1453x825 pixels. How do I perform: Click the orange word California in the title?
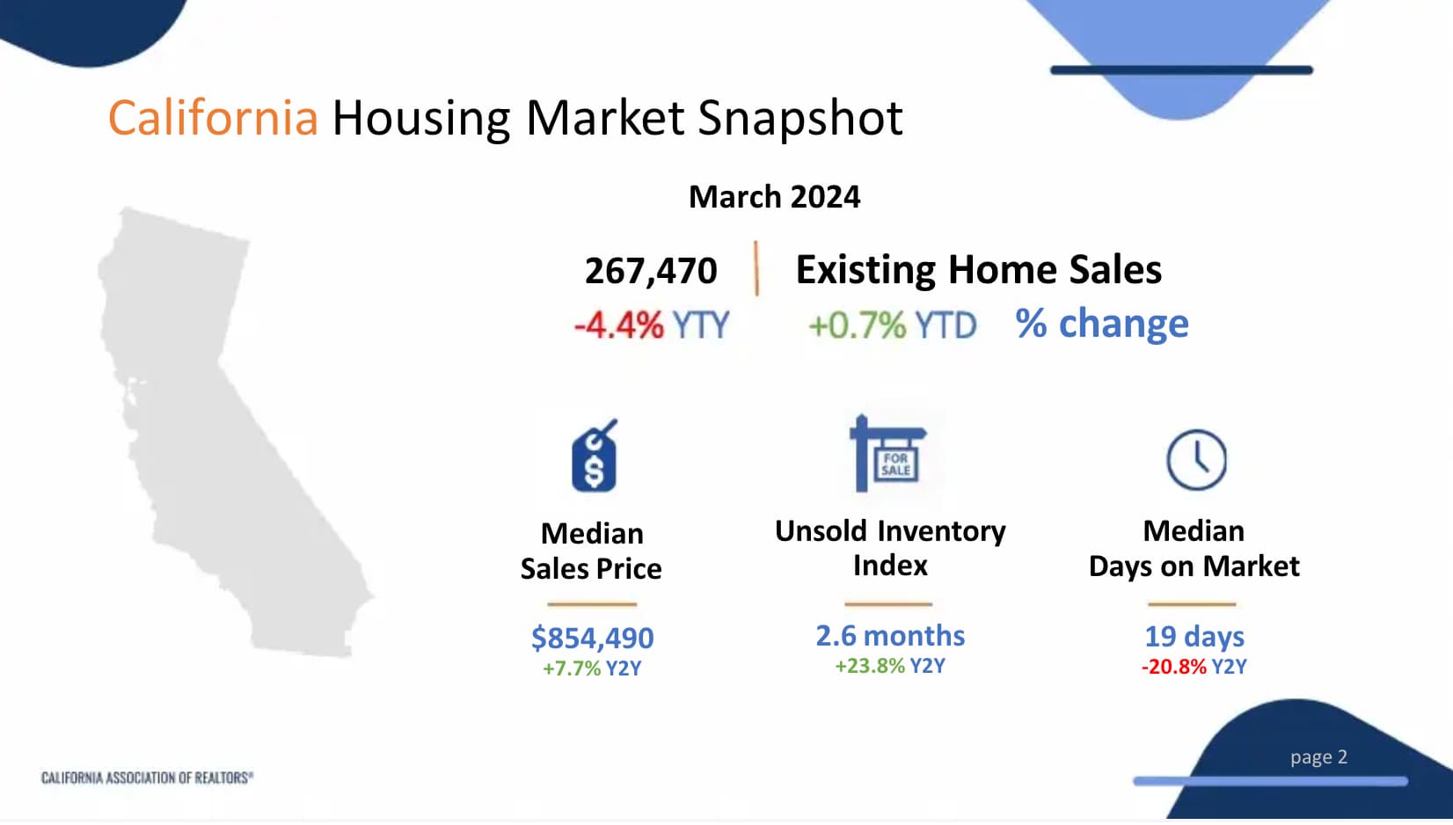[213, 118]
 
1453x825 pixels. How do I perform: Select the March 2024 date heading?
[775, 196]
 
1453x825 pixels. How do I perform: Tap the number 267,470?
[651, 271]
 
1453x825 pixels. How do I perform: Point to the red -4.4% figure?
[619, 325]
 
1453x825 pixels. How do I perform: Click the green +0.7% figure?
[857, 325]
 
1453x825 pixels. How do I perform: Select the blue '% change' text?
[1102, 323]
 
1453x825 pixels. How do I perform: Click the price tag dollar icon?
[595, 456]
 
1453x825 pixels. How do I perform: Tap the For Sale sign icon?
[888, 453]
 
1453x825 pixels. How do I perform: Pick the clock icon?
[1197, 459]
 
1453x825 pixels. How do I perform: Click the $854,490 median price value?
[592, 638]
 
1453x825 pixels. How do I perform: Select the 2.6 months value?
[890, 636]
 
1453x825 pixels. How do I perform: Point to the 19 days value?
[1194, 636]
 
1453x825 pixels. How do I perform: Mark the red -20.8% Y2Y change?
[1174, 666]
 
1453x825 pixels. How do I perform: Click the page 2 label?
[1318, 757]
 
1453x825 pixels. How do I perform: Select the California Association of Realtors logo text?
[147, 777]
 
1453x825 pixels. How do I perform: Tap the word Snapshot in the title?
[800, 119]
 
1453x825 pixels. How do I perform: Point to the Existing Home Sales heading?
[978, 270]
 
